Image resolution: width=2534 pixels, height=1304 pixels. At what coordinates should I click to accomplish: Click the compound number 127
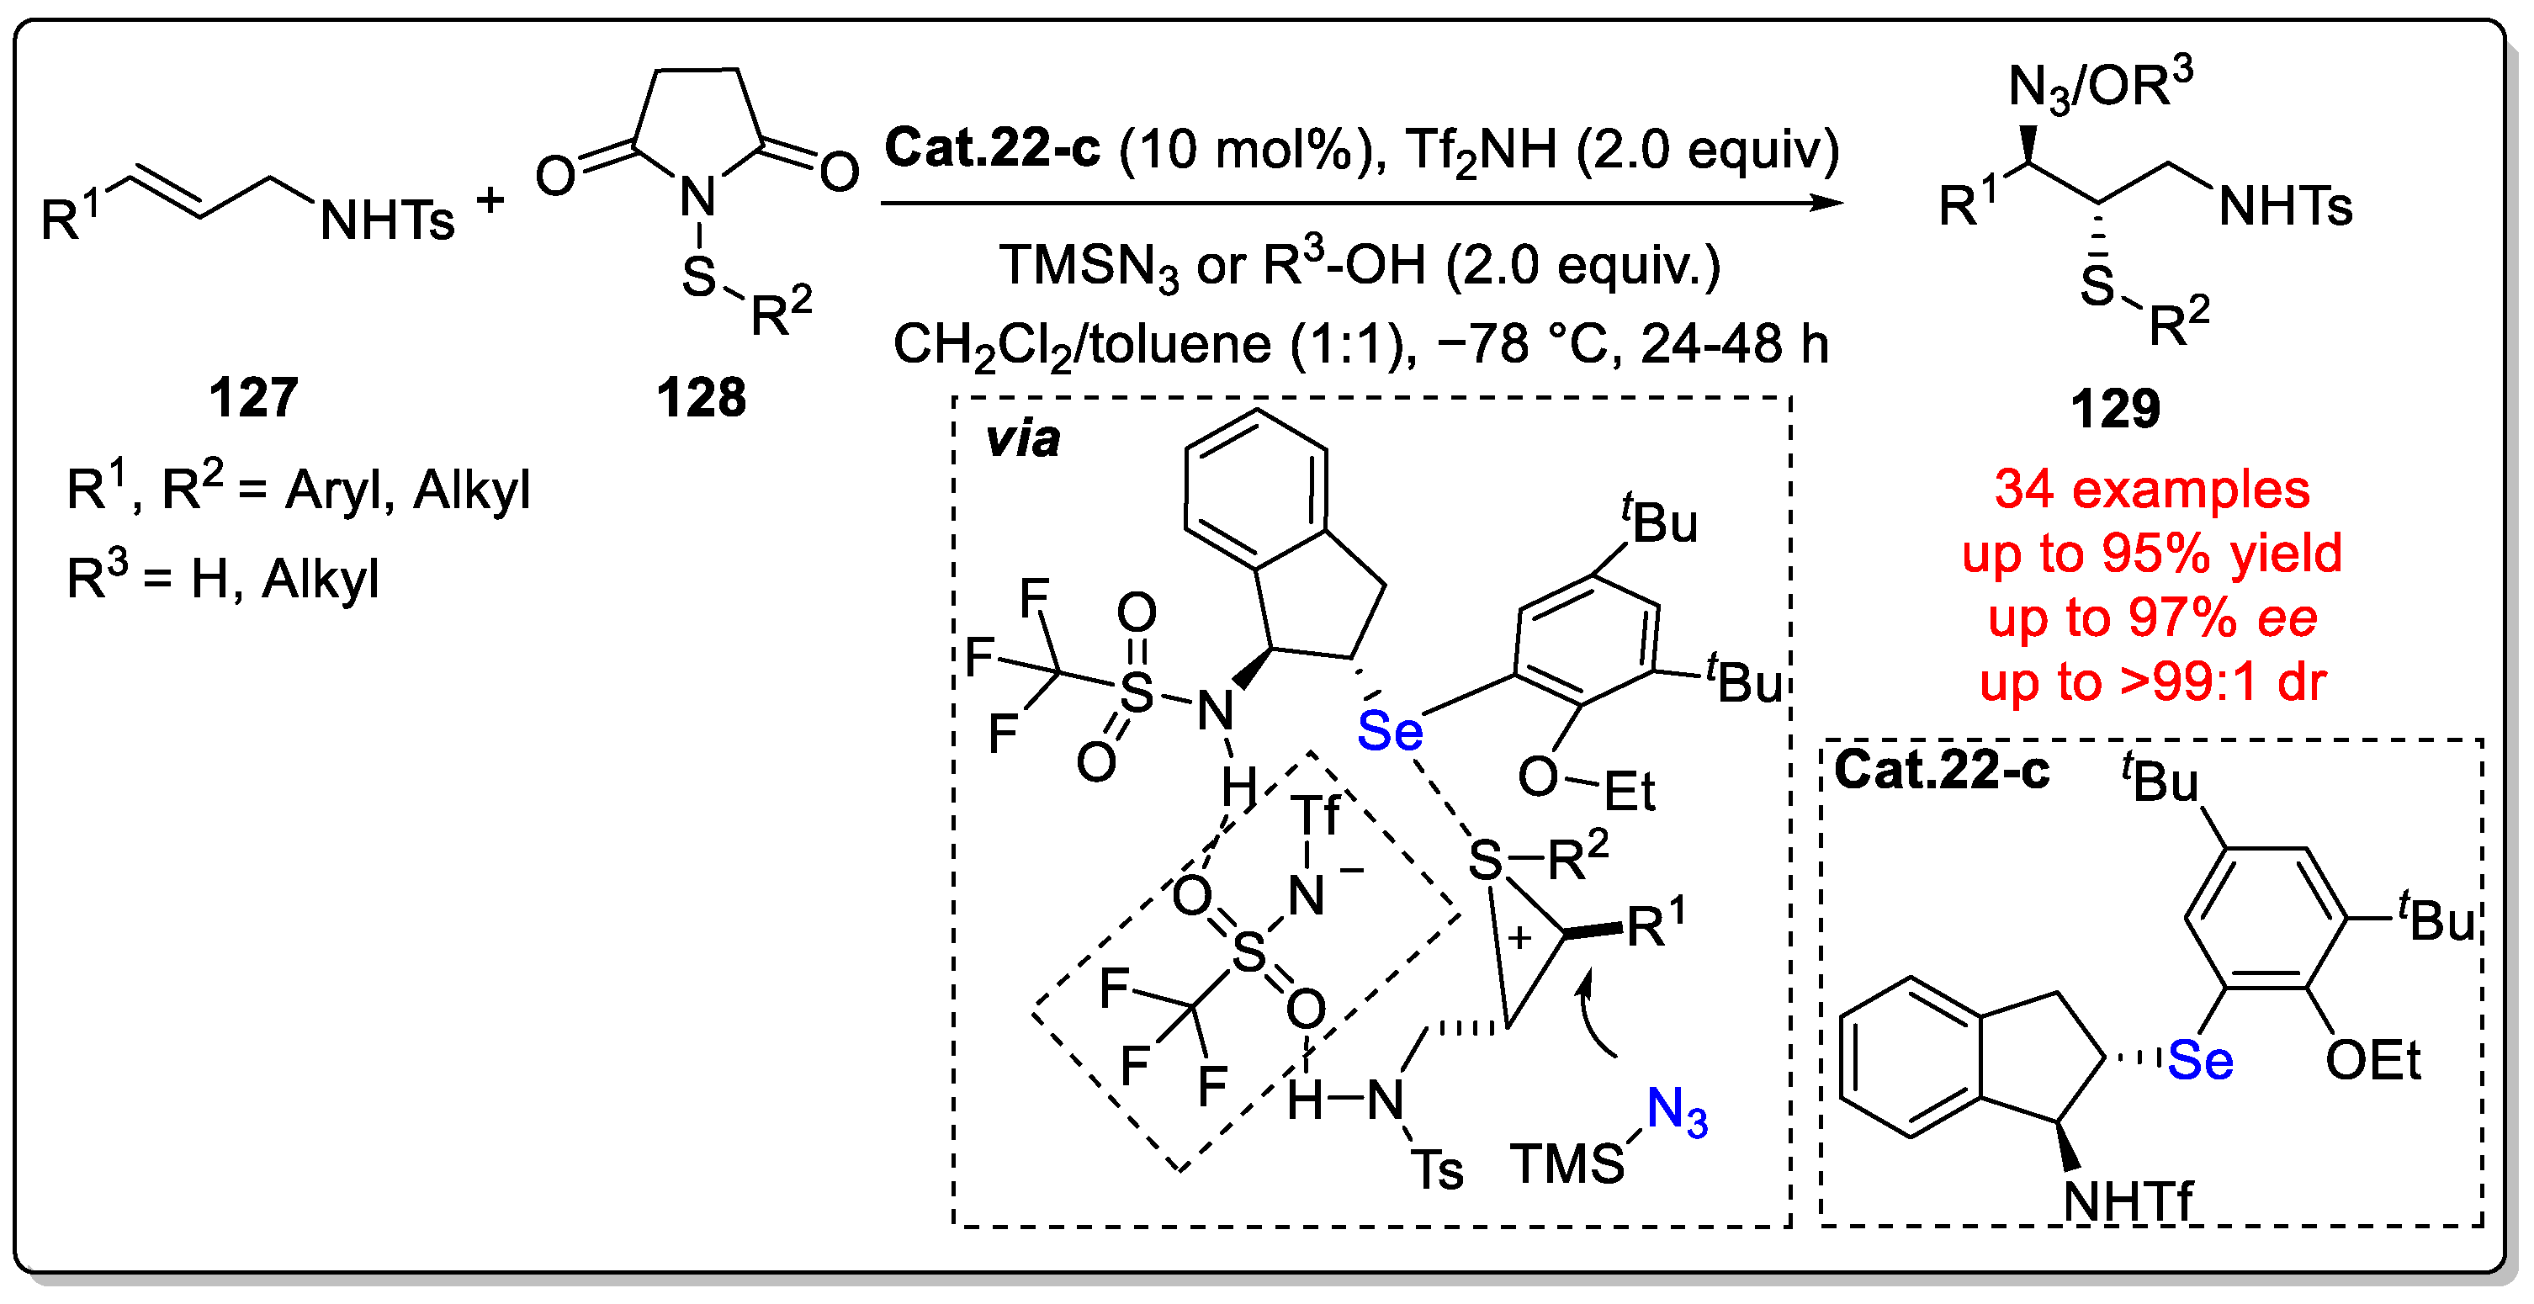pos(252,398)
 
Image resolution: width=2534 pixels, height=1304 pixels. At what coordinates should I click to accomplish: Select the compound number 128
pos(702,398)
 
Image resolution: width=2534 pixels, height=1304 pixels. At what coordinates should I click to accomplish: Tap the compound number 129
pos(2115,408)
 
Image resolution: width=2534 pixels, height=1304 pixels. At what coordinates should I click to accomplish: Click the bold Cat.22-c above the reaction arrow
pos(992,149)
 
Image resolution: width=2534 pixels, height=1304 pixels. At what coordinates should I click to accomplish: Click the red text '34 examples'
pos(2151,489)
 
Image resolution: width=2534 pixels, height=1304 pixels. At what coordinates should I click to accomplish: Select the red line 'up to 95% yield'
pos(2151,553)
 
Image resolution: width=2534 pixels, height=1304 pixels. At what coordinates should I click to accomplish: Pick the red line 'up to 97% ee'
pos(2151,618)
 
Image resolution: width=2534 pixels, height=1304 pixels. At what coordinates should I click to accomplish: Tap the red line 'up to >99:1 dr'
pos(2151,681)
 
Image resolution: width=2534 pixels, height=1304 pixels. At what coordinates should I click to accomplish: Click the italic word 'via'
pos(1023,440)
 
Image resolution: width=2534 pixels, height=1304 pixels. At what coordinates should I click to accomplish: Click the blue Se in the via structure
pos(1389,732)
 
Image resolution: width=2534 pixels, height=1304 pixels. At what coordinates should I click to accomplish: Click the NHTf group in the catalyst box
pos(2128,1201)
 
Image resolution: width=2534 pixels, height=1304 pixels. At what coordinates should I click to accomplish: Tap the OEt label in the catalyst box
pos(2372,1061)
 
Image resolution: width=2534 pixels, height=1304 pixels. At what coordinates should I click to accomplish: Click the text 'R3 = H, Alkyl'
pos(222,578)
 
